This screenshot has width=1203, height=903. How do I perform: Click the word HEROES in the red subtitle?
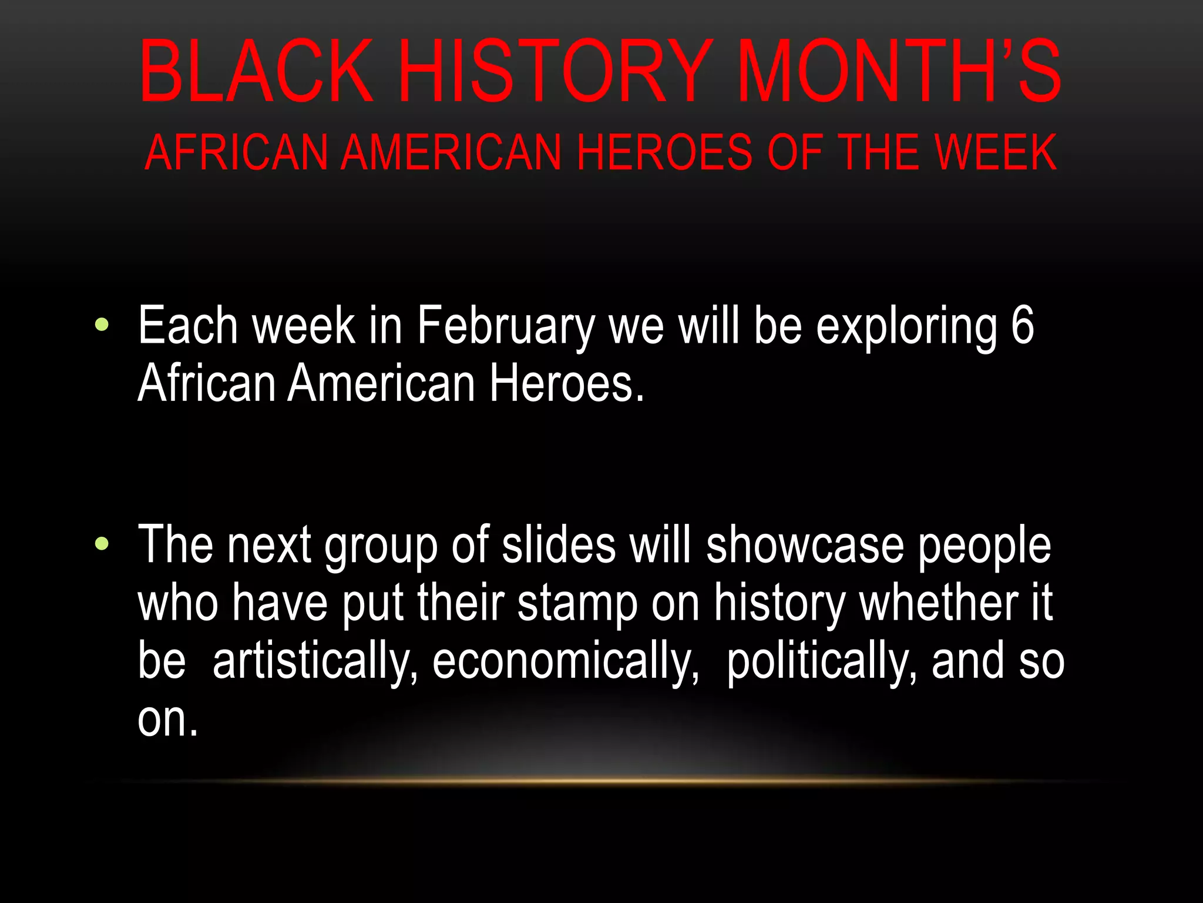point(664,153)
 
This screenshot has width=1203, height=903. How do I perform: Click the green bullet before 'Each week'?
point(102,324)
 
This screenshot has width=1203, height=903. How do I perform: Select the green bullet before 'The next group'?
point(102,544)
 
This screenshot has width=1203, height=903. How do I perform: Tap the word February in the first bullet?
point(506,327)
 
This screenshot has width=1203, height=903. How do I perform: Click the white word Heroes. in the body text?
point(567,383)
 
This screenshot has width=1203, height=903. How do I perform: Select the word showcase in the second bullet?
point(805,545)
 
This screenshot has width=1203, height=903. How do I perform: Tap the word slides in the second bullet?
point(559,545)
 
